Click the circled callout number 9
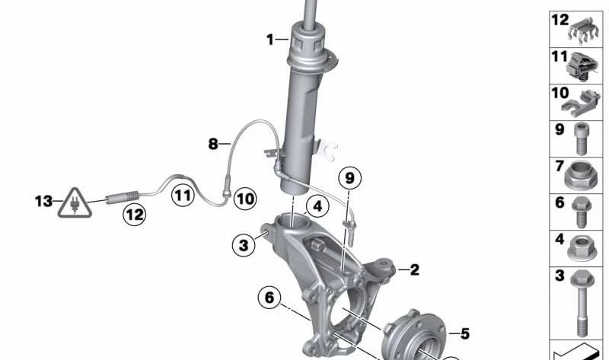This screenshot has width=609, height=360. tap(349, 178)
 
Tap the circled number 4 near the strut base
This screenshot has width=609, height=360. tap(317, 205)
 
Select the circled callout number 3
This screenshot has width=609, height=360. tap(244, 245)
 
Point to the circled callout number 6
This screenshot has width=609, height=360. tap(269, 298)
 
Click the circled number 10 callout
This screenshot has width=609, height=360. tap(245, 199)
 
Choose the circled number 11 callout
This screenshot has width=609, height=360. tap(183, 195)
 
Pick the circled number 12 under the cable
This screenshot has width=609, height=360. tap(135, 214)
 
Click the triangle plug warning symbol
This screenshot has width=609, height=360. tap(75, 203)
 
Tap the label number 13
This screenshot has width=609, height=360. tap(43, 201)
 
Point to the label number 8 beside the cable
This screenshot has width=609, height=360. tap(213, 144)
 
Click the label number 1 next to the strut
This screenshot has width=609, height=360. tap(270, 40)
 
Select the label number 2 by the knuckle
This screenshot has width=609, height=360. tap(415, 269)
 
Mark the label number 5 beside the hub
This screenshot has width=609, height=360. tap(465, 333)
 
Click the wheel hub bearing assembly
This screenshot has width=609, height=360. tap(413, 336)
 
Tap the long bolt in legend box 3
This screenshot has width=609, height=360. tap(582, 302)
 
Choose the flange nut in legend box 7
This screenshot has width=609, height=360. tap(580, 175)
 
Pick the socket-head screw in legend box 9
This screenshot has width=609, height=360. tap(581, 139)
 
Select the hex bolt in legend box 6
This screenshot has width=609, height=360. tap(582, 212)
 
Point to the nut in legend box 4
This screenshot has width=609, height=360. tap(582, 248)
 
